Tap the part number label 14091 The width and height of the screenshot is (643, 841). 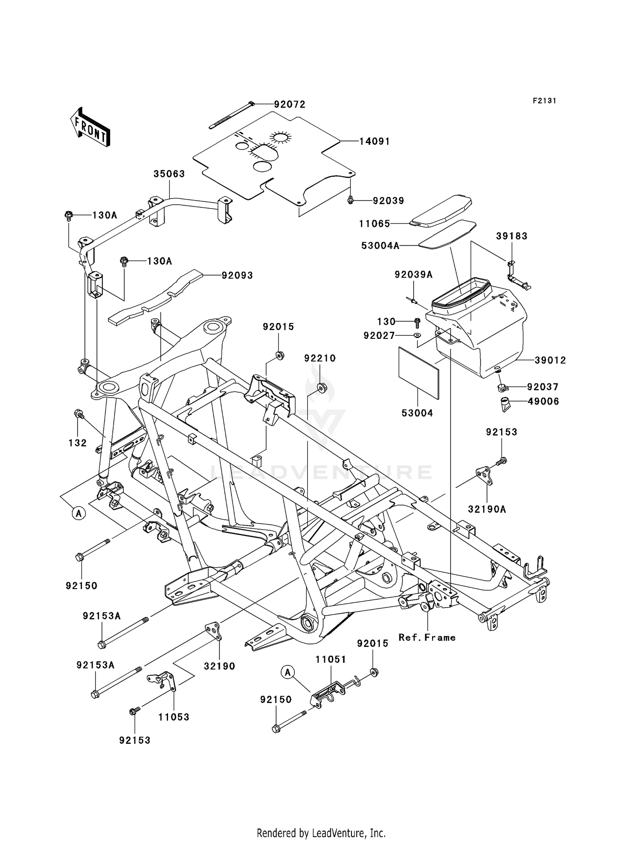click(x=374, y=141)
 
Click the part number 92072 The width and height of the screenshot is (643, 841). click(x=290, y=105)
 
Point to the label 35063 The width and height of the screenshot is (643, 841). click(x=169, y=174)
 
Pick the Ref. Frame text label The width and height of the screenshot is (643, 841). click(x=427, y=637)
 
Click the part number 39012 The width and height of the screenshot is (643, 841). click(x=550, y=361)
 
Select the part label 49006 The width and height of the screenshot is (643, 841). click(x=543, y=401)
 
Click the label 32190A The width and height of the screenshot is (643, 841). click(x=487, y=509)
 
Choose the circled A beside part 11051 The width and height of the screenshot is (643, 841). click(x=288, y=673)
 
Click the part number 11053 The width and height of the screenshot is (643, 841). click(x=174, y=717)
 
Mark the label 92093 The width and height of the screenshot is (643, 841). click(x=237, y=275)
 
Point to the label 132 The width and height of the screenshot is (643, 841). click(x=78, y=443)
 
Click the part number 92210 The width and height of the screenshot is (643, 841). click(x=320, y=358)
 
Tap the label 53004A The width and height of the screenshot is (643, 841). click(x=380, y=245)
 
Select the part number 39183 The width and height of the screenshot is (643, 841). click(x=512, y=236)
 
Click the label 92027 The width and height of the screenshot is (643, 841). click(x=379, y=336)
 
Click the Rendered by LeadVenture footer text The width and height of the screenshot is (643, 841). click(x=321, y=833)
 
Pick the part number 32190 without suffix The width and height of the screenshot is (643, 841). click(x=219, y=666)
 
